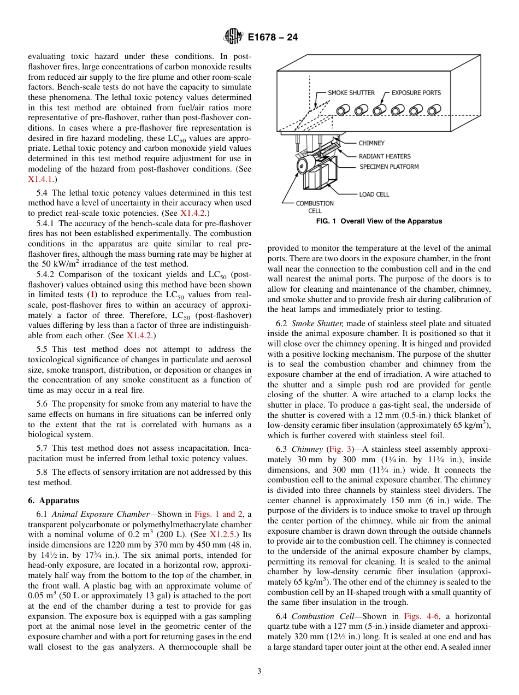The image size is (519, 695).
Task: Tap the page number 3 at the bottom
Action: pyautogui.click(x=259, y=672)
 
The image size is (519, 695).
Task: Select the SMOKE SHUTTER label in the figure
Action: pyautogui.click(x=351, y=93)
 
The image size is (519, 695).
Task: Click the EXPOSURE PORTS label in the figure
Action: pyautogui.click(x=416, y=93)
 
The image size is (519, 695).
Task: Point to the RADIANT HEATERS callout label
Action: pyautogui.click(x=385, y=156)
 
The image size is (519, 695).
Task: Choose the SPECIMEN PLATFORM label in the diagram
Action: pyautogui.click(x=389, y=167)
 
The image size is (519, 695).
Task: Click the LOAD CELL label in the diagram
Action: pyautogui.click(x=374, y=194)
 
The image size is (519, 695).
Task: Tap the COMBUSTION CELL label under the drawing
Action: pyautogui.click(x=315, y=207)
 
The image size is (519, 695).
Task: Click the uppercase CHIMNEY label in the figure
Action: pyautogui.click(x=371, y=143)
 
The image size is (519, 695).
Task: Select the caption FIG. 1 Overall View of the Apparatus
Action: pyautogui.click(x=379, y=221)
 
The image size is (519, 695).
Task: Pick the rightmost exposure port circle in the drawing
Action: pyautogui.click(x=434, y=109)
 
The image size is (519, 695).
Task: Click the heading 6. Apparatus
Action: pyautogui.click(x=54, y=500)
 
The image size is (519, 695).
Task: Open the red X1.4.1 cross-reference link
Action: pyautogui.click(x=39, y=179)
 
